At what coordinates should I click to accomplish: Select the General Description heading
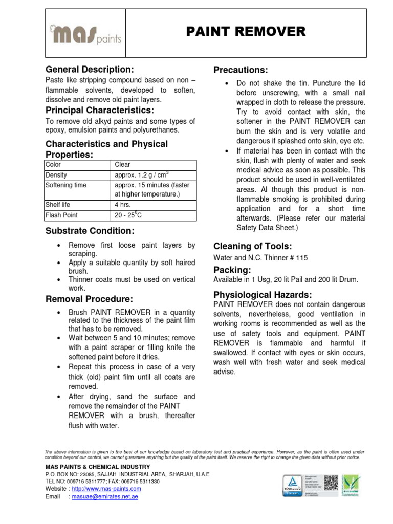point(90,69)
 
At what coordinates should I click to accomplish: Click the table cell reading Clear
point(123,165)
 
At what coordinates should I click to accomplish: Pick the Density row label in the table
point(56,175)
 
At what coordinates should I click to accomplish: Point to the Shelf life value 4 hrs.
point(123,205)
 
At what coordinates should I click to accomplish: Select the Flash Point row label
point(62,215)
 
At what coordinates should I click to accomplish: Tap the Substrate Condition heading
point(90,231)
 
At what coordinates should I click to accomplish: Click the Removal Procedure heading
point(90,299)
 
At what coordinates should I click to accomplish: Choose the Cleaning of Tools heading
point(252,246)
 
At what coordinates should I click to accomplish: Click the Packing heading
point(232,270)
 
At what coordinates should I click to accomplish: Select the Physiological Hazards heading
point(262,294)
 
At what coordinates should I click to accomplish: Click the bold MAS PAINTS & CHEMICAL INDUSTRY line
point(97,467)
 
